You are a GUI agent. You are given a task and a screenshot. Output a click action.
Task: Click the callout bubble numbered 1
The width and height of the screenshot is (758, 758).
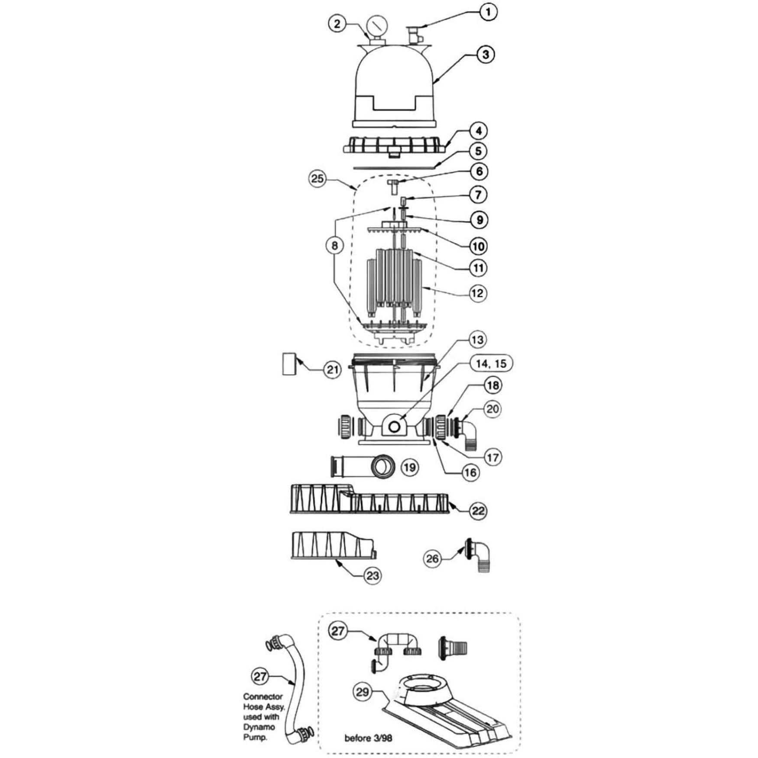(488, 12)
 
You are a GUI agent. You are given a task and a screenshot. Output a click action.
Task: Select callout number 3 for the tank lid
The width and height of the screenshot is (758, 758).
(486, 55)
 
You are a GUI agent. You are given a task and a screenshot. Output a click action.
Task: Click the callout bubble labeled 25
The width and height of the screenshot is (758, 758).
(317, 178)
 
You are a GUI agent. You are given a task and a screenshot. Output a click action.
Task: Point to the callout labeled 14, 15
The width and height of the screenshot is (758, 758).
(491, 363)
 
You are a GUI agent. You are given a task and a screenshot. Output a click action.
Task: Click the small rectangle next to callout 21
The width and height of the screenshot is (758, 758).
(289, 364)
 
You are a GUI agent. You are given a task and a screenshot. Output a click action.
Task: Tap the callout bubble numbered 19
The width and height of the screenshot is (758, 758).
(410, 467)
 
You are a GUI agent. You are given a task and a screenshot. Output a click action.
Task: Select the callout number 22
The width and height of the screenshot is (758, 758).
(478, 511)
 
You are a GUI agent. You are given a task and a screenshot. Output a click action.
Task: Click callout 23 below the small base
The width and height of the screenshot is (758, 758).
(373, 576)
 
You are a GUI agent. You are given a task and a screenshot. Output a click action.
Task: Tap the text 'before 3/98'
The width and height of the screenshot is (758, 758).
(368, 738)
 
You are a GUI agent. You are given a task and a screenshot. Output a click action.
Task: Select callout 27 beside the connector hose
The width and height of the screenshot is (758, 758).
(260, 676)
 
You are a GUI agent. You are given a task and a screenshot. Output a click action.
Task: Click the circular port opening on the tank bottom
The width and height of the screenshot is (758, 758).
(394, 427)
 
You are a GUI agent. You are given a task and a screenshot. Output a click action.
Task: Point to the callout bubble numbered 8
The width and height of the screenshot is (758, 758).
(334, 246)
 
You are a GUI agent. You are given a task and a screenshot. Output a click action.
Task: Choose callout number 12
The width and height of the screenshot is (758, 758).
(477, 293)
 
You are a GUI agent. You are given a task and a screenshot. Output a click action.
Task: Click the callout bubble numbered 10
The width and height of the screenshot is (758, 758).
(478, 246)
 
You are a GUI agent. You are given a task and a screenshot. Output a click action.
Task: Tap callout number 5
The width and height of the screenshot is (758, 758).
(479, 151)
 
